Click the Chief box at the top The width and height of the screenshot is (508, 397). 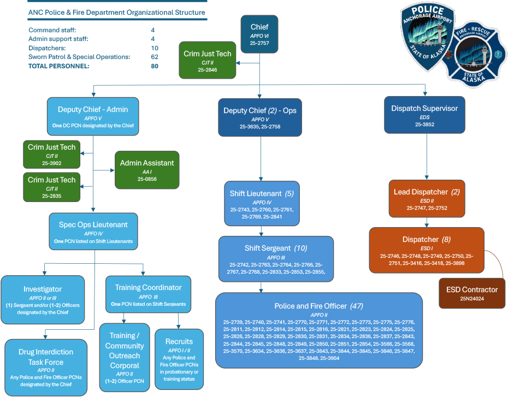click(259, 34)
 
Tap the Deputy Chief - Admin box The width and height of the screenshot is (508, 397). click(93, 116)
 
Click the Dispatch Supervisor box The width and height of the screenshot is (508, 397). click(424, 116)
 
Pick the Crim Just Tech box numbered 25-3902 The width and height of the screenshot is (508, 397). click(52, 155)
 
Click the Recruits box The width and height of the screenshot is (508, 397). click(179, 359)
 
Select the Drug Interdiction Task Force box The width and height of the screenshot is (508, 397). click(46, 366)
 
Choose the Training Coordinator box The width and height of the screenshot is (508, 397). click(148, 295)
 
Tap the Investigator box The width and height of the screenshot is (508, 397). click(43, 299)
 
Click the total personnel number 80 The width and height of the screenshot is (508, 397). click(155, 66)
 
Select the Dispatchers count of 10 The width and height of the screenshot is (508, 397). click(155, 48)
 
